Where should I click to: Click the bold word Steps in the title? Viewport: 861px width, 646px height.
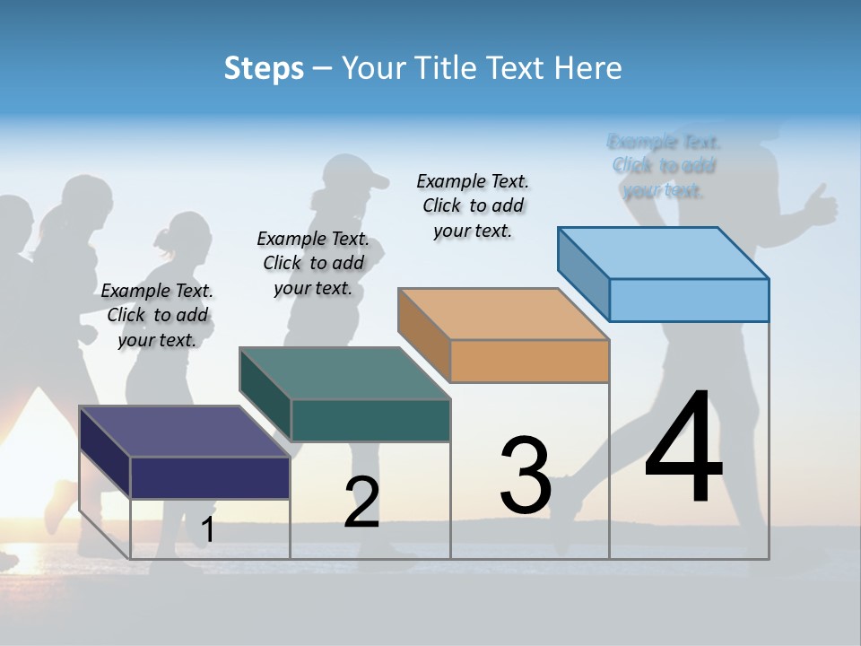264,68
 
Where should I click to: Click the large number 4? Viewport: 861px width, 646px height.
683,448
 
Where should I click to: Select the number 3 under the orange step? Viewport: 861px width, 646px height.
526,476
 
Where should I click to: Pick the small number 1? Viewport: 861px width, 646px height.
208,530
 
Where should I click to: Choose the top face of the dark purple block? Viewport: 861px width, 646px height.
185,431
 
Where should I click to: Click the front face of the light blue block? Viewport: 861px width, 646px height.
689,300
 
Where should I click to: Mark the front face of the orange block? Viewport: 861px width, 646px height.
529,361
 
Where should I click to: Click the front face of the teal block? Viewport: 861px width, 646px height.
370,420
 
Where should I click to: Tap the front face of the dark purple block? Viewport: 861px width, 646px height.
210,477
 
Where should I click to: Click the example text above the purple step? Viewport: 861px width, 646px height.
157,315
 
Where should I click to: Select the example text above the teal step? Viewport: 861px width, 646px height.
313,263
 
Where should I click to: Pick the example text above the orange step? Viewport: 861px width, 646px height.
473,205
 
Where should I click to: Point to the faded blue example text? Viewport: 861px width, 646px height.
664,166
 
